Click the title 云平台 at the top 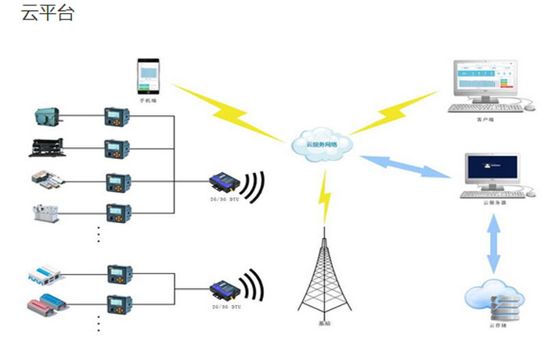[48, 13]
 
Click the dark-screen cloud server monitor [492, 171]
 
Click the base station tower [324, 273]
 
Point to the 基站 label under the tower [324, 324]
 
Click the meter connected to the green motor [117, 118]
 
